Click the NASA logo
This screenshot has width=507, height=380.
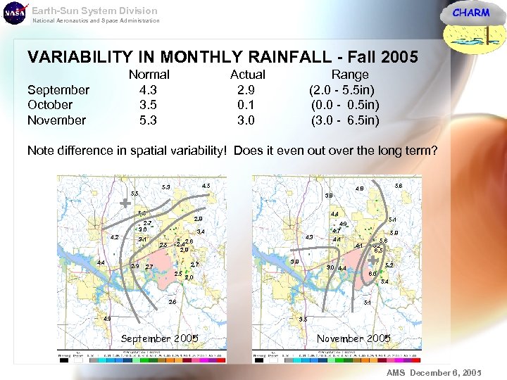tap(14, 13)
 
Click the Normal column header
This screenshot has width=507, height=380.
tap(149, 75)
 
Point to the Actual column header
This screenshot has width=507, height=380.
tap(248, 75)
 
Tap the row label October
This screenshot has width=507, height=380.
tap(50, 105)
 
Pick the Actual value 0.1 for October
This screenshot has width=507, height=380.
tap(246, 105)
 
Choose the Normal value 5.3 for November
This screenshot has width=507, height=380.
tap(148, 120)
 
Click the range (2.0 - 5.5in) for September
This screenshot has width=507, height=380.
tap(342, 90)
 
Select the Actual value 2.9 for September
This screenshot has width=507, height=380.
tap(246, 90)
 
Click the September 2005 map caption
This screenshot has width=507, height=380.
tap(159, 338)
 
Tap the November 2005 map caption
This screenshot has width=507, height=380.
tap(353, 338)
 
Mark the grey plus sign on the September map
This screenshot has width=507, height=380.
tap(125, 203)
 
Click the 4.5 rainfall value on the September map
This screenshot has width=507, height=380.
tap(206, 186)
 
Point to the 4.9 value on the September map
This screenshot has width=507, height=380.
tap(107, 319)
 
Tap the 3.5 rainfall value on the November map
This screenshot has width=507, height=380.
tap(303, 319)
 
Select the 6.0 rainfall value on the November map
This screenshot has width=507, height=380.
tap(373, 274)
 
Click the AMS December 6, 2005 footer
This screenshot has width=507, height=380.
tap(434, 372)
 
